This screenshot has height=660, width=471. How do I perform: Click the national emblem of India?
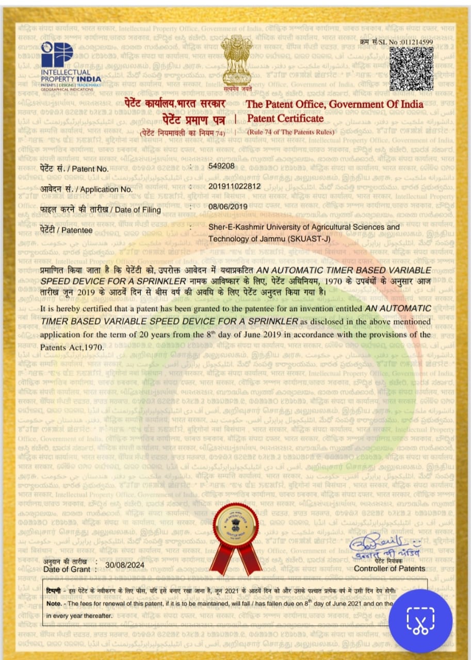[236, 62]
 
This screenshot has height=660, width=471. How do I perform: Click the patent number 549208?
[221, 166]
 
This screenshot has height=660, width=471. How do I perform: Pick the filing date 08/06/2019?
[228, 207]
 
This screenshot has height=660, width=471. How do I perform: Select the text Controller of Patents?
[389, 568]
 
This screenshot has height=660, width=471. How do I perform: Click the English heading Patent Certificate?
[286, 119]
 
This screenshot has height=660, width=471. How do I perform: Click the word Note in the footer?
[54, 603]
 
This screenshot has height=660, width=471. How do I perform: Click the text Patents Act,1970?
[72, 347]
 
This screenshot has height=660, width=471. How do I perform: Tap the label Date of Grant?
[67, 569]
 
